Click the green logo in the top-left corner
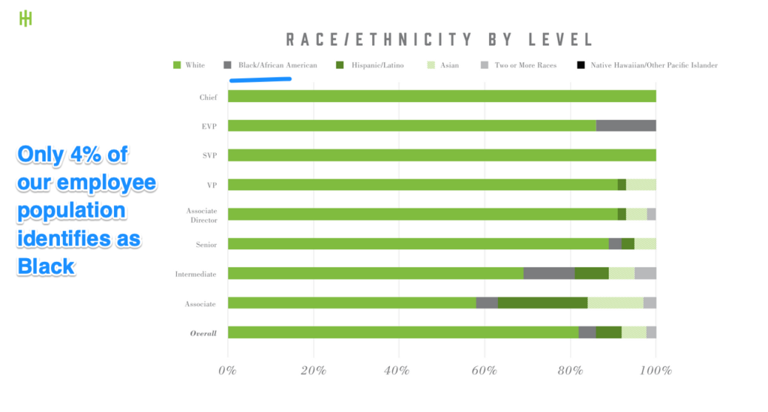[25, 18]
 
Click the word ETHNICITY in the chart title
[395, 39]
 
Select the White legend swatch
[177, 65]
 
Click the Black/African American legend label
[277, 65]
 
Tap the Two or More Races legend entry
[525, 65]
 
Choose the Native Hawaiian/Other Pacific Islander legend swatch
[580, 65]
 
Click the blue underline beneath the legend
[260, 78]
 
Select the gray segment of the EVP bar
[625, 125]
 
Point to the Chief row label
[208, 97]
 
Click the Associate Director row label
[202, 215]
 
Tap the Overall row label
[203, 332]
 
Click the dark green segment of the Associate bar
[542, 302]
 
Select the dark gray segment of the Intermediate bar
[549, 273]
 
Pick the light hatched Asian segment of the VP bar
[641, 185]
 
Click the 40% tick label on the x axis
[398, 370]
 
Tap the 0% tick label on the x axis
[227, 370]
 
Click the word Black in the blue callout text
[46, 265]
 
